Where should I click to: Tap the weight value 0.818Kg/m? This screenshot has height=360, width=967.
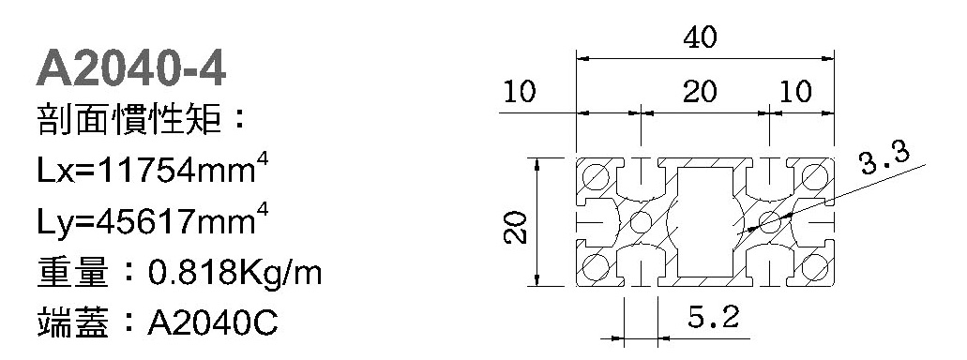pos(235,273)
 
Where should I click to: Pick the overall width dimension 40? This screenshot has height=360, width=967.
pos(700,38)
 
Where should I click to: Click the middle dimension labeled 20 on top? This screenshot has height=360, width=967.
pos(700,93)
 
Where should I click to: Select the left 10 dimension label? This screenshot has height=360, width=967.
pos(520,93)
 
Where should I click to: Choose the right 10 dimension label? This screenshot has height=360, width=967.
pos(795,93)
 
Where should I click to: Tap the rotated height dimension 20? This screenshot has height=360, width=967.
pos(516,227)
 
